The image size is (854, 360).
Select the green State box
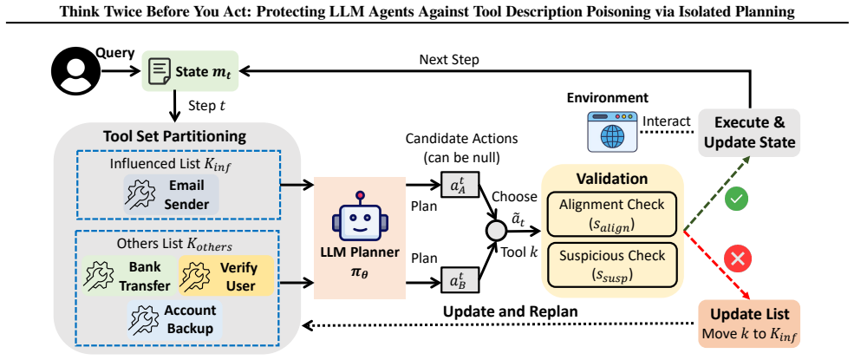point(190,71)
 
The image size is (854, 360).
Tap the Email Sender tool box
point(171,194)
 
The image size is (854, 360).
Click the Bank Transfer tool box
point(130,276)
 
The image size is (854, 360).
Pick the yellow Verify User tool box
point(226,276)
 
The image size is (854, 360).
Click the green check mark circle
point(736,199)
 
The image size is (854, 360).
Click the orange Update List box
point(750,324)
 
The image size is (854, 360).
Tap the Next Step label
point(449,61)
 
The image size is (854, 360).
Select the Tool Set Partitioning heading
point(175,135)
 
